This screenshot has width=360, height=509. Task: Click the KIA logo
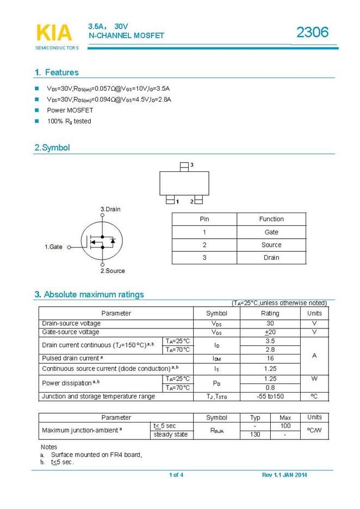pyautogui.click(x=54, y=33)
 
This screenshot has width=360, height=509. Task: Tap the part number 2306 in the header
pyautogui.click(x=312, y=33)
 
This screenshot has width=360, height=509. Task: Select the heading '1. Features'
pyautogui.click(x=56, y=72)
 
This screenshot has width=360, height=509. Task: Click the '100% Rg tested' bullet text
pyautogui.click(x=69, y=121)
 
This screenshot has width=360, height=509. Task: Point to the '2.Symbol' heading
pyautogui.click(x=52, y=147)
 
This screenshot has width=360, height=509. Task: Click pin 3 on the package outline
pyautogui.click(x=185, y=165)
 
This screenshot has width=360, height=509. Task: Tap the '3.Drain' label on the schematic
pyautogui.click(x=110, y=209)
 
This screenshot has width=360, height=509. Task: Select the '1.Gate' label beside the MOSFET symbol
pyautogui.click(x=53, y=247)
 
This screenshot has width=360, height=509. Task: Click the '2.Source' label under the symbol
pyautogui.click(x=113, y=271)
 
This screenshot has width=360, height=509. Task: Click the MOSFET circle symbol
pyautogui.click(x=100, y=240)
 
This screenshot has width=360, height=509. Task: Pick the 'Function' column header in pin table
pyautogui.click(x=271, y=219)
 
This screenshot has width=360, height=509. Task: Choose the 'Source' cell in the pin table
pyautogui.click(x=271, y=245)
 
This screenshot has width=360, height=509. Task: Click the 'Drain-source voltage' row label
pyautogui.click(x=71, y=324)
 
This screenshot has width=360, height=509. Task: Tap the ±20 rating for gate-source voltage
pyautogui.click(x=270, y=332)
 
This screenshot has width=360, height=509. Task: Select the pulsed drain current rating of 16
pyautogui.click(x=270, y=358)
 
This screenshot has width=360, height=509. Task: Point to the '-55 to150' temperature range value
pyautogui.click(x=270, y=396)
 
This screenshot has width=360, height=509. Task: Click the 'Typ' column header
pyautogui.click(x=255, y=418)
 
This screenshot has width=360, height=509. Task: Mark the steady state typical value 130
pyautogui.click(x=255, y=434)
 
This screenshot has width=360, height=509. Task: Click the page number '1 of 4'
pyautogui.click(x=176, y=475)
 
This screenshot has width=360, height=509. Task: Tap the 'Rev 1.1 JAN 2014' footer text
pyautogui.click(x=284, y=475)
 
